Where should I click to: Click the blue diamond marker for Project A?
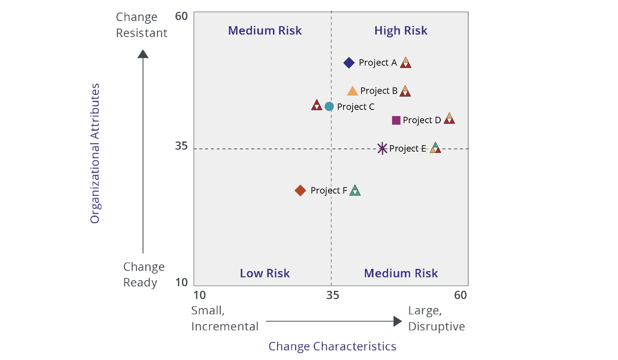point(349,63)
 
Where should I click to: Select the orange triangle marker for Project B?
point(352,91)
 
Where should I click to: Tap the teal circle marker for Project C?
point(329,107)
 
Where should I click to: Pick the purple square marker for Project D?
point(396,120)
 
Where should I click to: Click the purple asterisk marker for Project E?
point(382,149)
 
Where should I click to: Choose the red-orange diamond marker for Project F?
point(300,190)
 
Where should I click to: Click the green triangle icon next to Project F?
point(355,190)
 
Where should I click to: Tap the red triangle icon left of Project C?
point(316,105)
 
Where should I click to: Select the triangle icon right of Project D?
point(449,119)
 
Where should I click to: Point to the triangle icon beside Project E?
point(435,148)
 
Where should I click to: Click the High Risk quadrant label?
point(401,31)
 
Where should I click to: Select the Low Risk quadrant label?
point(265,273)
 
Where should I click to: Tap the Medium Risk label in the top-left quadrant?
point(265,31)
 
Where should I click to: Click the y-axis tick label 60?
point(181,16)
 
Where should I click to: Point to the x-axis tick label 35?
point(332,295)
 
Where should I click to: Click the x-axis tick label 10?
point(199,295)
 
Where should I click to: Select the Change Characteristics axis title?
point(332,346)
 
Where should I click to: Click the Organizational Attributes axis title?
point(95,153)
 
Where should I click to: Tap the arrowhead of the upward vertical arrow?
point(143,54)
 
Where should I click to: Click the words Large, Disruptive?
point(436,318)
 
